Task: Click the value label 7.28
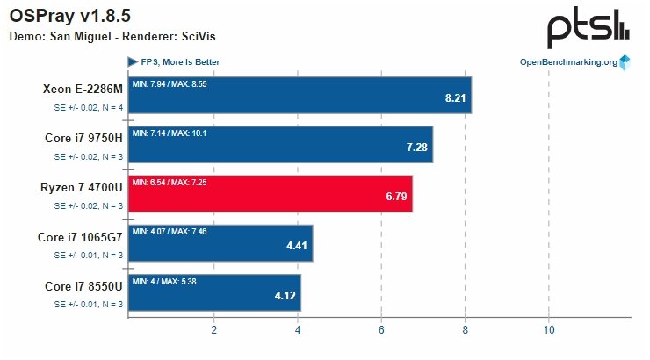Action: (417, 147)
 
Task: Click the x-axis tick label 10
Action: (548, 330)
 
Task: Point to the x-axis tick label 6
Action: (381, 330)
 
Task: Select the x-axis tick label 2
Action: (213, 330)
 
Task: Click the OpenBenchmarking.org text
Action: (568, 62)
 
